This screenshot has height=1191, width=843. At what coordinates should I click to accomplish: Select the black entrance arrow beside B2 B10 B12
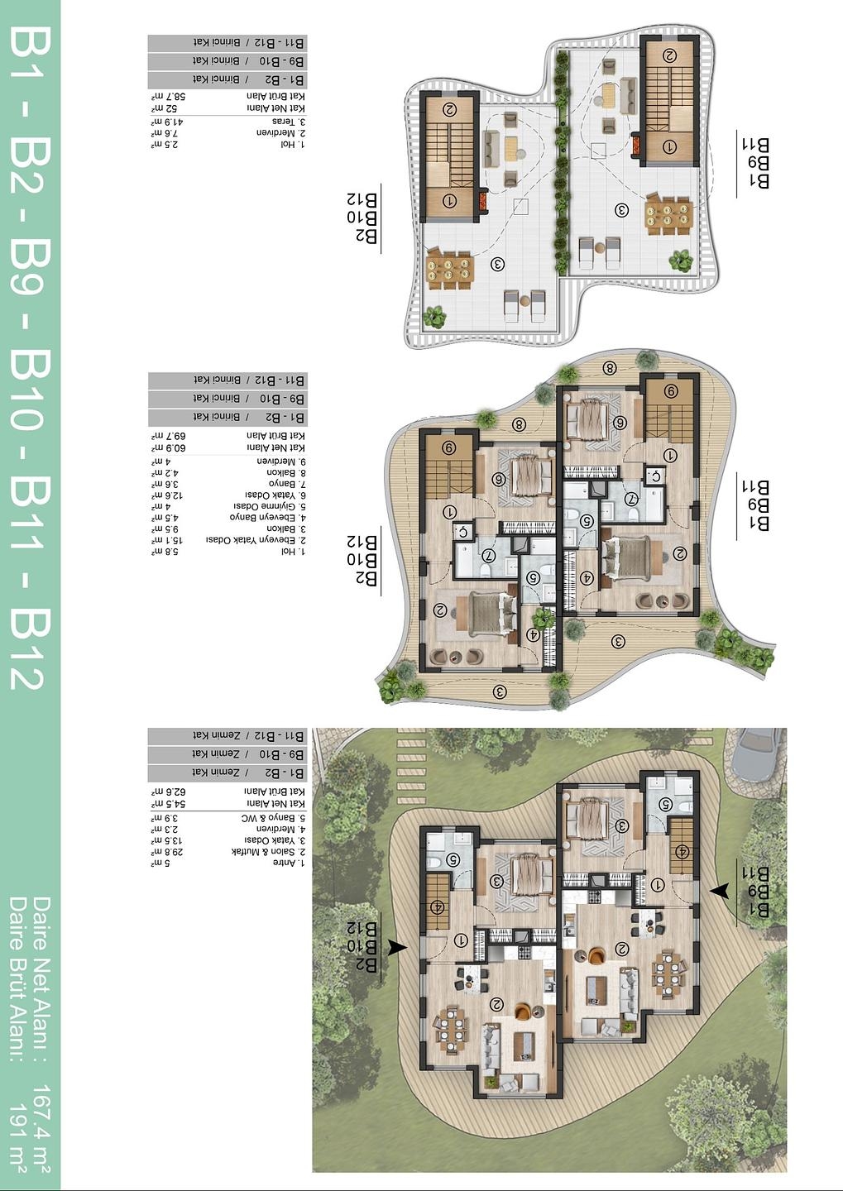397,948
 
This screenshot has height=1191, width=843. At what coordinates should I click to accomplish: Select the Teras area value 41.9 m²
169,121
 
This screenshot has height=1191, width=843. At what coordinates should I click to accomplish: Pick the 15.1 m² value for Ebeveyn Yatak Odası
169,539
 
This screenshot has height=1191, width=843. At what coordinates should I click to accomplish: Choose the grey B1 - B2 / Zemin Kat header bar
228,772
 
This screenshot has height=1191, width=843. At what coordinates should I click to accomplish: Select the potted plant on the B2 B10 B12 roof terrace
433,317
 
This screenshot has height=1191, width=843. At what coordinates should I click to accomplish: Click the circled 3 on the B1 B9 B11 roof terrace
621,210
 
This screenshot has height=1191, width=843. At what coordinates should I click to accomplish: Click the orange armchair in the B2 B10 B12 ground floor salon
523,1011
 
